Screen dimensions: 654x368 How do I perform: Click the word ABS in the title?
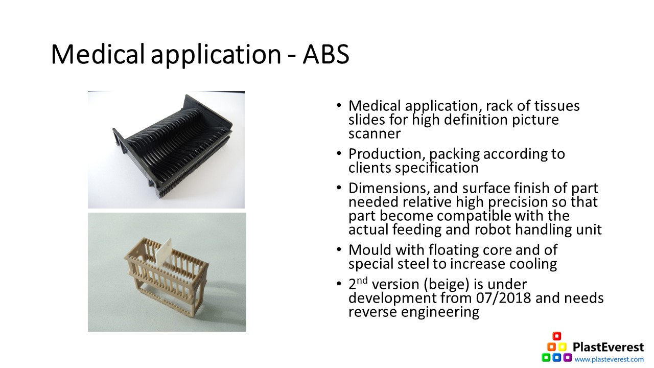pyautogui.click(x=326, y=54)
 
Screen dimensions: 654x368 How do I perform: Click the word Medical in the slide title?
pyautogui.click(x=98, y=54)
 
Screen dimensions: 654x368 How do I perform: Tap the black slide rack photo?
pyautogui.click(x=166, y=150)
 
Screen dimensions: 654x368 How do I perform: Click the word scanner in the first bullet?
pyautogui.click(x=375, y=134)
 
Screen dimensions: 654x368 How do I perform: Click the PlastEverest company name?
pyautogui.click(x=608, y=347)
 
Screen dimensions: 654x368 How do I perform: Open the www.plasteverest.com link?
pyautogui.click(x=609, y=359)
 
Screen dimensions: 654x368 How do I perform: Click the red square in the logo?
pyautogui.click(x=557, y=336)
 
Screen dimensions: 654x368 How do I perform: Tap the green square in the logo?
pyautogui.click(x=546, y=357)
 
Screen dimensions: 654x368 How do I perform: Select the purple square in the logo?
pyautogui.click(x=568, y=357)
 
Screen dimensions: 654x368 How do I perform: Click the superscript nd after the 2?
pyautogui.click(x=362, y=281)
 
